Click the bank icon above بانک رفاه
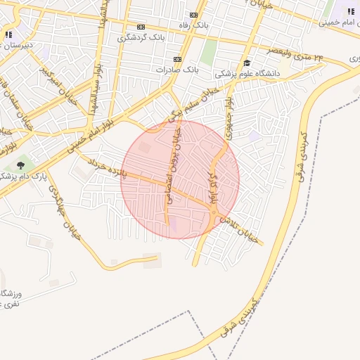coord(194,14)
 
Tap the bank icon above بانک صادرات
coord(177,59)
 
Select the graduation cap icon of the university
coord(247,63)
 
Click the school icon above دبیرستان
coord(8,34)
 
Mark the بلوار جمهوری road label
coord(228,105)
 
